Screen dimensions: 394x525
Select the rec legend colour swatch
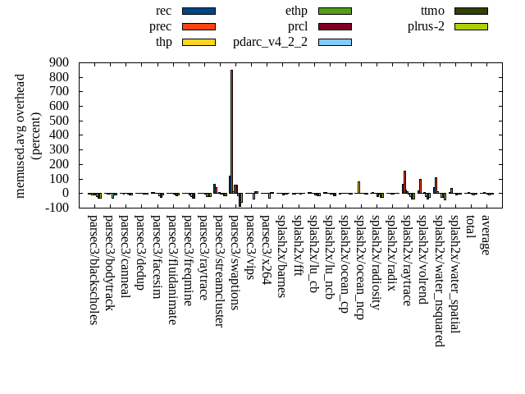[199, 11]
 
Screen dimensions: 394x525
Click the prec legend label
[161, 26]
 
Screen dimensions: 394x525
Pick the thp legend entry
[164, 42]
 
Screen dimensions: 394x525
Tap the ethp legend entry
[297, 11]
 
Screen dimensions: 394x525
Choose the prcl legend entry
[298, 26]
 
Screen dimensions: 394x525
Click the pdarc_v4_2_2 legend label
[270, 42]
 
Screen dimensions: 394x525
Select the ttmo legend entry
[432, 11]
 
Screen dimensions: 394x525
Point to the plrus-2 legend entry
[426, 26]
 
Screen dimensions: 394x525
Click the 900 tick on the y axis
[58, 62]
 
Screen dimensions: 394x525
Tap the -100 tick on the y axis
[57, 208]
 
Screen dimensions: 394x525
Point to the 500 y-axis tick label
[58, 121]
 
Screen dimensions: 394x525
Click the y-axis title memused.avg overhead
[21, 135]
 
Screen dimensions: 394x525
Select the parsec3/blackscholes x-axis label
[93, 270]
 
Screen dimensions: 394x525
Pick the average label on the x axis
[486, 236]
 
